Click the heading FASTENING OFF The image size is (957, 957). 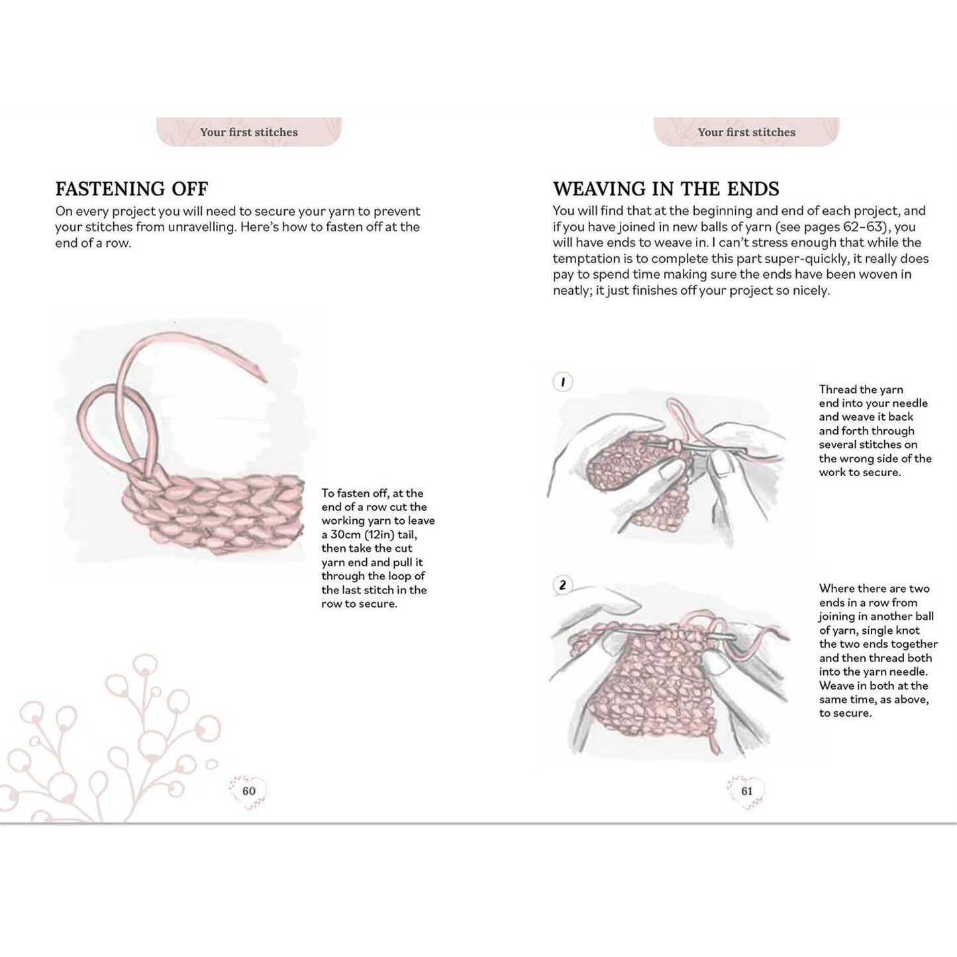(x=131, y=189)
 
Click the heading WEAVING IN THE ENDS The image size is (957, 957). (x=666, y=189)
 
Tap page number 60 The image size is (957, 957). (x=248, y=791)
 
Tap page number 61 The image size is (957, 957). (x=746, y=791)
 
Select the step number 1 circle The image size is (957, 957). (x=562, y=382)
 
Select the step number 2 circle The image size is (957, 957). (x=562, y=585)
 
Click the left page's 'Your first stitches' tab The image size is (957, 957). (x=249, y=132)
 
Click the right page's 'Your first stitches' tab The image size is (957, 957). (x=746, y=132)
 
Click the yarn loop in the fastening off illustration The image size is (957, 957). (x=99, y=424)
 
